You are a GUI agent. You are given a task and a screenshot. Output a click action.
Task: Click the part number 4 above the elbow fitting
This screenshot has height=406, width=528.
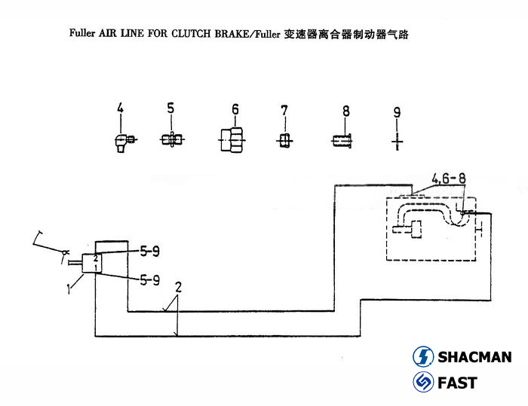click(x=119, y=111)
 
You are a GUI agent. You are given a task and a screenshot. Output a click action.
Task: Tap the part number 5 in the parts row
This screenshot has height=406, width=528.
click(x=170, y=108)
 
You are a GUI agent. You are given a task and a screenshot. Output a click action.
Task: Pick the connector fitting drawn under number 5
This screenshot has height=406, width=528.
click(x=172, y=139)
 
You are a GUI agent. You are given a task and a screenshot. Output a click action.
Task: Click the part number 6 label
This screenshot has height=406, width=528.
click(x=235, y=110)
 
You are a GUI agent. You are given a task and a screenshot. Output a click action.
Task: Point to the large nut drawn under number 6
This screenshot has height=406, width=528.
click(x=232, y=140)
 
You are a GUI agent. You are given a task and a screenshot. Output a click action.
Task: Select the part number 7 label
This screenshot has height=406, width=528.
click(x=284, y=111)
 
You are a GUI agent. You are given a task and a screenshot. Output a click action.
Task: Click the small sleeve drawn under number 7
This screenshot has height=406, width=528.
click(x=284, y=140)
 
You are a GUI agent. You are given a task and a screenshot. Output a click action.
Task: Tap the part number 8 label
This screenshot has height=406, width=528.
click(x=346, y=111)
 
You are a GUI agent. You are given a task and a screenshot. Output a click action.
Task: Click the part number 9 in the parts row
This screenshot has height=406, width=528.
click(x=398, y=113)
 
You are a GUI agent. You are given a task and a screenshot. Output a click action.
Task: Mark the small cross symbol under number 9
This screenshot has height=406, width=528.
click(x=398, y=140)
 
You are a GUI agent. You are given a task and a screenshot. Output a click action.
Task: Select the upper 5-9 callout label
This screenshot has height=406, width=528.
click(x=148, y=250)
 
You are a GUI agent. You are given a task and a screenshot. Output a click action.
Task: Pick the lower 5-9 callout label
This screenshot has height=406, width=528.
click(x=148, y=280)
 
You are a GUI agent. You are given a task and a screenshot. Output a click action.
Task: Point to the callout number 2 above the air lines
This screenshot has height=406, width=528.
click(x=178, y=287)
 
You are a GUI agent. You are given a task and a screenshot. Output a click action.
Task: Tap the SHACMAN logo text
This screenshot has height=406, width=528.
click(x=474, y=357)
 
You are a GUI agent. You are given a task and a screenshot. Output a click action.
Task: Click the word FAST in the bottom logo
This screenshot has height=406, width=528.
click(x=457, y=383)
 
